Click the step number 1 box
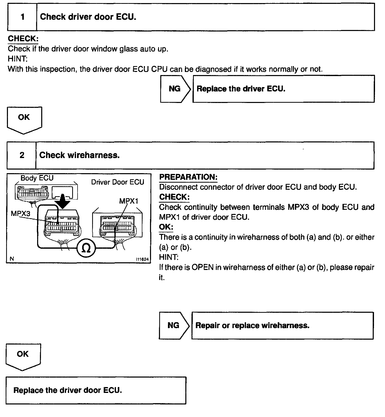(23, 17)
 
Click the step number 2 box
(22, 155)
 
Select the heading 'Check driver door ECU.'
(88, 17)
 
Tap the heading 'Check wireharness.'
(79, 155)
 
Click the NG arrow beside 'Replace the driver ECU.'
(175, 89)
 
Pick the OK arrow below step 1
(24, 119)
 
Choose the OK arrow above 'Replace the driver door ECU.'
(23, 356)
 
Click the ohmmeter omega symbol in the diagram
(87, 248)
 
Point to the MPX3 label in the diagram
(20, 213)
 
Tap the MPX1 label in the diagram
(129, 201)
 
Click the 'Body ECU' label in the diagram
(37, 178)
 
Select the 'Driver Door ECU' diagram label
(117, 182)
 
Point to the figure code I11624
(142, 259)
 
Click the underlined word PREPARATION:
(188, 177)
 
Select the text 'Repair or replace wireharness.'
(252, 326)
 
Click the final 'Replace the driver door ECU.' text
(68, 390)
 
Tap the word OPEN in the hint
(202, 267)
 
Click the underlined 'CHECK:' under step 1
(23, 39)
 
